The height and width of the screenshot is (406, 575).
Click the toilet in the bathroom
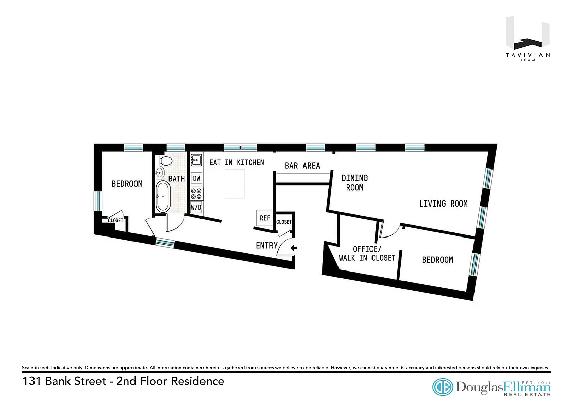coord(165,161)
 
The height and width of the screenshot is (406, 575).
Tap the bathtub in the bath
coord(163,197)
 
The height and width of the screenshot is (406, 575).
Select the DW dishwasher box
coord(196,178)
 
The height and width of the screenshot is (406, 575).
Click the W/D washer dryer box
coord(196,207)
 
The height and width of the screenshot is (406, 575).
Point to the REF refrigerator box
coord(265,218)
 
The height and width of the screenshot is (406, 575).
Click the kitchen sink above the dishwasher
coord(196,161)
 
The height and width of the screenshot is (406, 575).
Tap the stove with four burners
coord(196,193)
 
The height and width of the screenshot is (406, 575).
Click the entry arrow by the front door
coord(294,248)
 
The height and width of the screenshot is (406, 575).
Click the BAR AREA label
coord(302,166)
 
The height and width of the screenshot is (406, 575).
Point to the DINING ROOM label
coord(354,182)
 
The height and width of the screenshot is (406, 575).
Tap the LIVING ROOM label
coord(443,204)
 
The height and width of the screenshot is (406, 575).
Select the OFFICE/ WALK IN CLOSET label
coord(366,253)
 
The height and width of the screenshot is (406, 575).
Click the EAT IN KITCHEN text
coord(236,162)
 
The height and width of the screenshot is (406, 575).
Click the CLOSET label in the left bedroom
coord(115,221)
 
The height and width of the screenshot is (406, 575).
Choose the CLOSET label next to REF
coord(284,222)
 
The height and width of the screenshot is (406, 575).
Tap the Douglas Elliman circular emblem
coord(442,387)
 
